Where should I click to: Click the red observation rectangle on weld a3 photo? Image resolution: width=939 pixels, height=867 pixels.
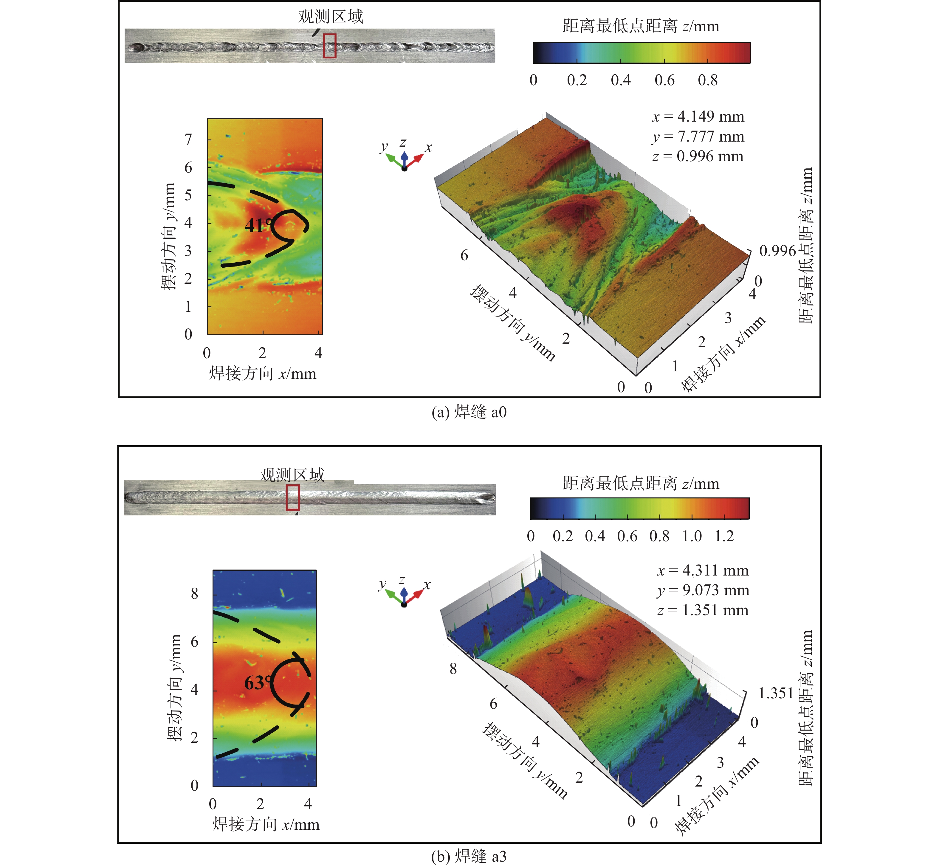pyautogui.click(x=293, y=497)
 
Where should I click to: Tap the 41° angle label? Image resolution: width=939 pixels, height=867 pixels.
pyautogui.click(x=258, y=226)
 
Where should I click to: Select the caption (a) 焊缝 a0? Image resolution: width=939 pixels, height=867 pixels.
pyautogui.click(x=469, y=412)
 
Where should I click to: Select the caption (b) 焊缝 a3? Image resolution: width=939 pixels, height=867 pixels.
pyautogui.click(x=469, y=856)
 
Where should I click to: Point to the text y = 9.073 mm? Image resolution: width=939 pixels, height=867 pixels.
pyautogui.click(x=703, y=590)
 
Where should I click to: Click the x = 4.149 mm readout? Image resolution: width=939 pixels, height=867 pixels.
pyautogui.click(x=698, y=116)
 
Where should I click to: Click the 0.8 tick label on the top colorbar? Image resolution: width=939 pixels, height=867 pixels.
pyautogui.click(x=708, y=80)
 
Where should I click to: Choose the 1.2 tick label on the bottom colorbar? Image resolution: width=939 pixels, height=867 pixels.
pyautogui.click(x=724, y=536)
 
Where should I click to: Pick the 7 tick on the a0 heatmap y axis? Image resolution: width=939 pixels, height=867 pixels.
pyautogui.click(x=188, y=139)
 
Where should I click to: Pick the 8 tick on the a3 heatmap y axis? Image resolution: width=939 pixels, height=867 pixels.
pyautogui.click(x=194, y=594)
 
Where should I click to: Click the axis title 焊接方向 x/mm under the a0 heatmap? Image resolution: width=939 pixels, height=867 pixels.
pyautogui.click(x=262, y=374)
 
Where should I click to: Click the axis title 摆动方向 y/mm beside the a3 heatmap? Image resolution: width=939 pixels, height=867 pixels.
pyautogui.click(x=174, y=688)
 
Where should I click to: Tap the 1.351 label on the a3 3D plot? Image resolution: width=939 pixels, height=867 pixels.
pyautogui.click(x=775, y=693)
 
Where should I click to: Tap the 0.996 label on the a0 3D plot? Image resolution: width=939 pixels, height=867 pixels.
pyautogui.click(x=777, y=251)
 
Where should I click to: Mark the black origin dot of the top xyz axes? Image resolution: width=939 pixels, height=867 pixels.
pyautogui.click(x=404, y=168)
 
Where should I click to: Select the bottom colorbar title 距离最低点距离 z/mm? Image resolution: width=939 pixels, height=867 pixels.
pyautogui.click(x=641, y=483)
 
